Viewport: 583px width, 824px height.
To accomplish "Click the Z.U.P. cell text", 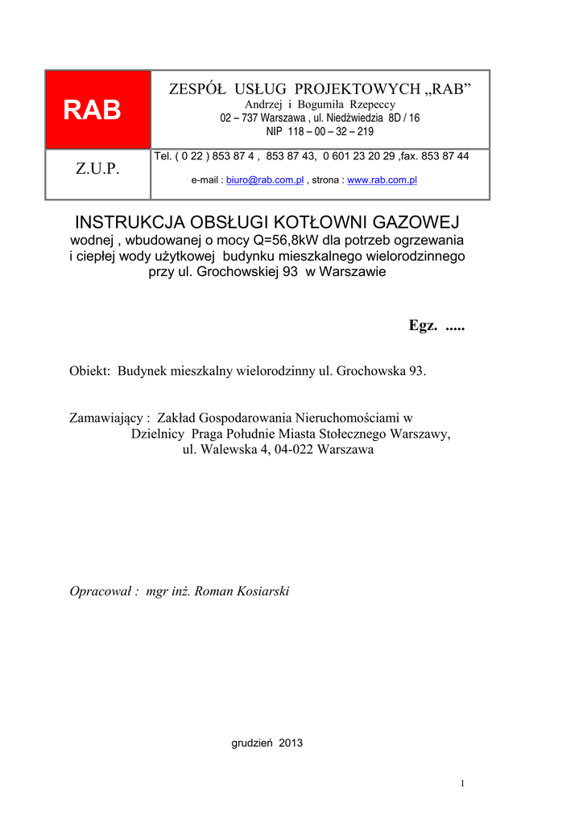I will tap(97, 169).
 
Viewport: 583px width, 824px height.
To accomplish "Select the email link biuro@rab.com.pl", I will tap(265, 180).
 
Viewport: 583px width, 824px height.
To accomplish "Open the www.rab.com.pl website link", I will tap(382, 180).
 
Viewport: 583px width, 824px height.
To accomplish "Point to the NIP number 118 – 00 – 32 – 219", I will tap(320, 131).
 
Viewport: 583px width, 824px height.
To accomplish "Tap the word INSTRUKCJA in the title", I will tap(127, 221).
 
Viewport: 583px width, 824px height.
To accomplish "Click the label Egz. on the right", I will tap(423, 325).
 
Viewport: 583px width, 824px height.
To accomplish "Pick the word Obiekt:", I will tap(91, 371).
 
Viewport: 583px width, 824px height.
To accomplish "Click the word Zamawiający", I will tap(109, 418).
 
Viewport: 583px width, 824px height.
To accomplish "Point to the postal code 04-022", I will tap(293, 450).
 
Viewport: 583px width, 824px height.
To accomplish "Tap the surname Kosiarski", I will tap(263, 591).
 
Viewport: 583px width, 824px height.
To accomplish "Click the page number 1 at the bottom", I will tap(463, 784).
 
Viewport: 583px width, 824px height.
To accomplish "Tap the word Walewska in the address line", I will tap(225, 450).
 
